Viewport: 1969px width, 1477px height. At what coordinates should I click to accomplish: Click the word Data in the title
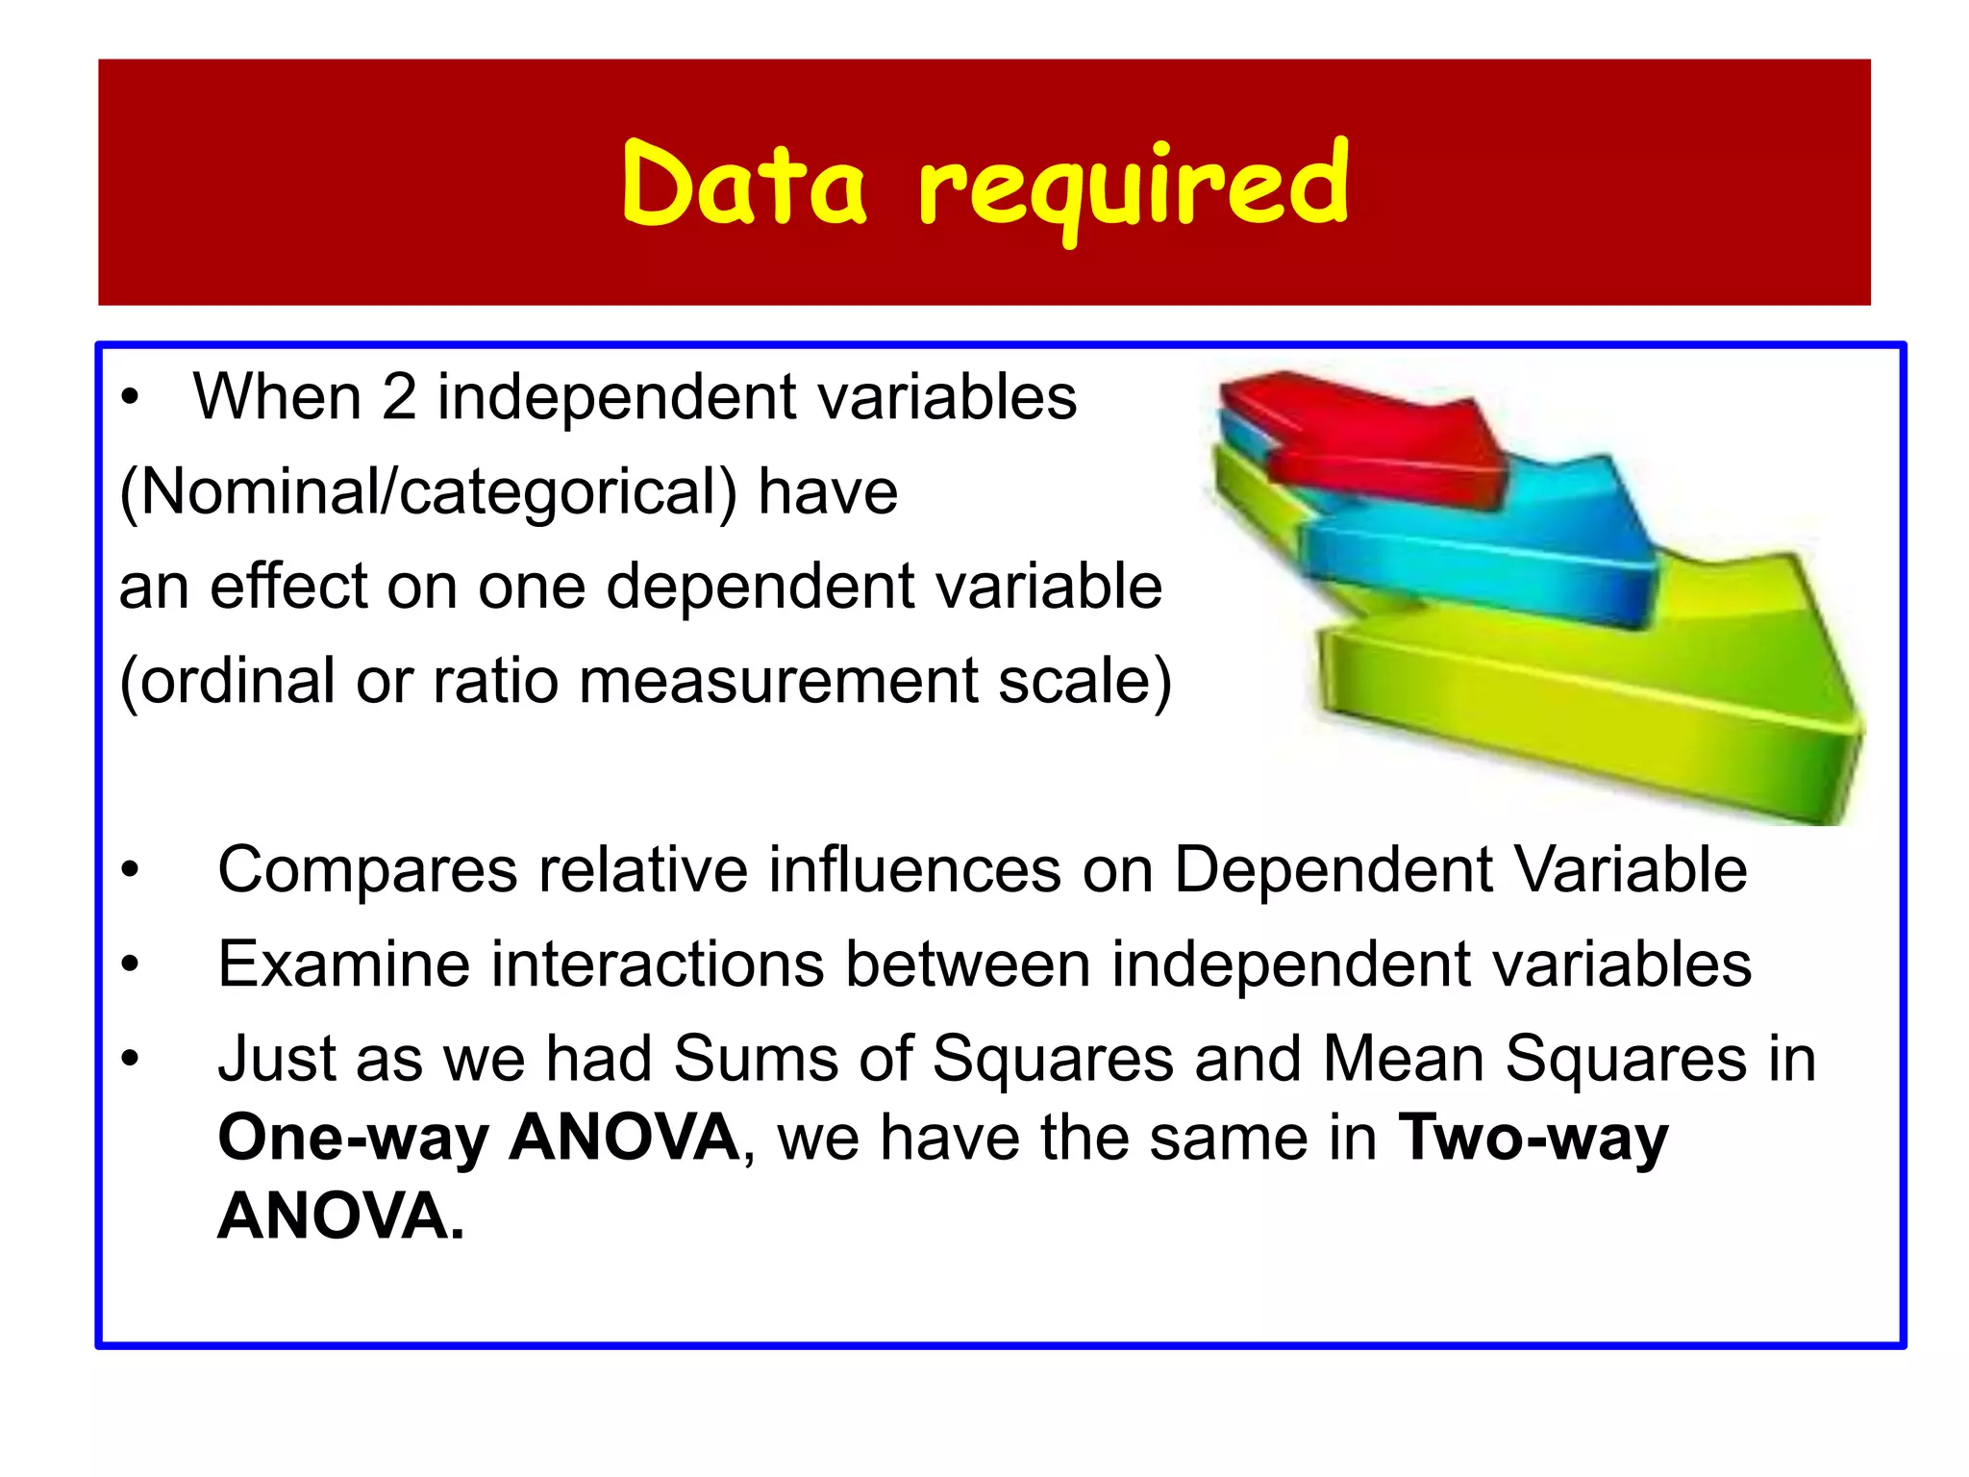[x=744, y=185]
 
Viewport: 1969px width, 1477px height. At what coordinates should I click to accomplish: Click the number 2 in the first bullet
[x=399, y=397]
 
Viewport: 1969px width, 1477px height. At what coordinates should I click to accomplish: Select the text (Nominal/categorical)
[x=428, y=492]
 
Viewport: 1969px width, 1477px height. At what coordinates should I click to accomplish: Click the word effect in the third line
[x=289, y=587]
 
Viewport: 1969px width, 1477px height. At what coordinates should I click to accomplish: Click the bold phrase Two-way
[x=1533, y=1139]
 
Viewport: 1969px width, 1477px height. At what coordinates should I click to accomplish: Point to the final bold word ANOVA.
[x=340, y=1217]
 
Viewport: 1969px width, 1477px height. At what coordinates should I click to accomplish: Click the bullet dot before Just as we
[x=131, y=1060]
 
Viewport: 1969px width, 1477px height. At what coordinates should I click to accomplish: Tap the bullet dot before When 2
[x=131, y=397]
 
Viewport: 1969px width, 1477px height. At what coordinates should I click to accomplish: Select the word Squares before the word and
[x=1053, y=1060]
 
